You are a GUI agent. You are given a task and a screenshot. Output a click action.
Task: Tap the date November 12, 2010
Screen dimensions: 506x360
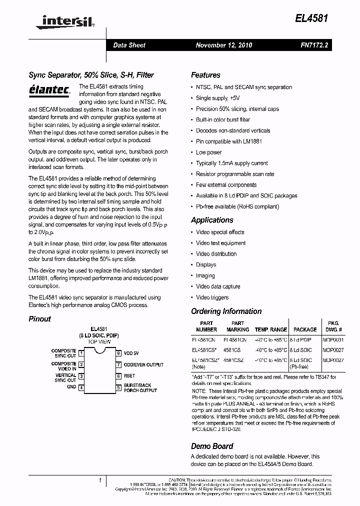[223, 45]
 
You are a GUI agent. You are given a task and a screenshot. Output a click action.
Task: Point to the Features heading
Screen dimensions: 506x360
[205, 75]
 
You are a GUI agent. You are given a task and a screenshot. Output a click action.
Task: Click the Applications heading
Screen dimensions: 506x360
[212, 220]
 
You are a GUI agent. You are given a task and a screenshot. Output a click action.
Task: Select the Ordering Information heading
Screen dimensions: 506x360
[226, 311]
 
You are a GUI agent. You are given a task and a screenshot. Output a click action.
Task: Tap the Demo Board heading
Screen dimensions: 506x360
[212, 446]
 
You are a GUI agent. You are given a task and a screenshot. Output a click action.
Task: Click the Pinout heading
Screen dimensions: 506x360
[39, 318]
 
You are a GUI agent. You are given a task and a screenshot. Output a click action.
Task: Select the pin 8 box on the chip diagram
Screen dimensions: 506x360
[118, 353]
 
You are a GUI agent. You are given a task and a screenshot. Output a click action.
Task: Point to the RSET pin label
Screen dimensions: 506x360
[129, 376]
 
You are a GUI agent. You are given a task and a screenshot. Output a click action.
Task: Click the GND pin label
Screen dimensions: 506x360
[71, 387]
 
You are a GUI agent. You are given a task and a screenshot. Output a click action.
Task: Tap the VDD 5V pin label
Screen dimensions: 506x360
[131, 353]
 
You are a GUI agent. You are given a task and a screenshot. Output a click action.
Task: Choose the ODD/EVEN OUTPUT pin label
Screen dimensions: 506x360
[143, 364]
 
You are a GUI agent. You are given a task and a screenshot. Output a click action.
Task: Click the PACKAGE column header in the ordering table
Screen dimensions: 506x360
[305, 329]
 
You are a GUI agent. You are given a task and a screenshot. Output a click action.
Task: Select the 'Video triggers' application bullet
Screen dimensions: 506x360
[212, 297]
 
